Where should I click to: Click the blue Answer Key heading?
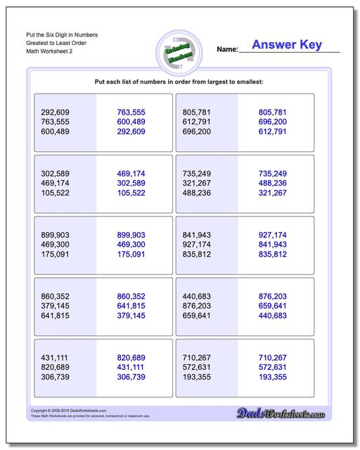click(287, 45)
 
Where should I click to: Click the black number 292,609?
click(56, 112)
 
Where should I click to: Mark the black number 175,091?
click(56, 254)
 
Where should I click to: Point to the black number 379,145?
click(56, 305)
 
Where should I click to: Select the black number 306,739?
click(56, 376)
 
